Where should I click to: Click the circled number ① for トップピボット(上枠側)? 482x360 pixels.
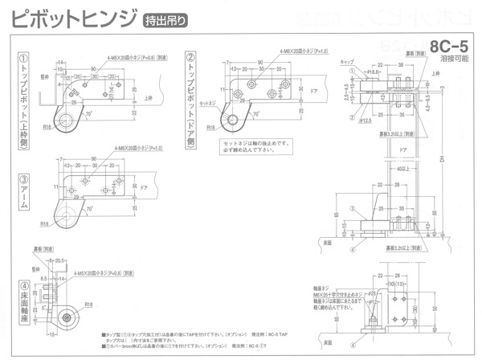point(24,59)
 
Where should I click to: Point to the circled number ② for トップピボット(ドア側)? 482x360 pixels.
point(190,58)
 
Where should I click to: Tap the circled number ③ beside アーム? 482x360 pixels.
point(24,178)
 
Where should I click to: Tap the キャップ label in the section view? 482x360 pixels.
point(348,62)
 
